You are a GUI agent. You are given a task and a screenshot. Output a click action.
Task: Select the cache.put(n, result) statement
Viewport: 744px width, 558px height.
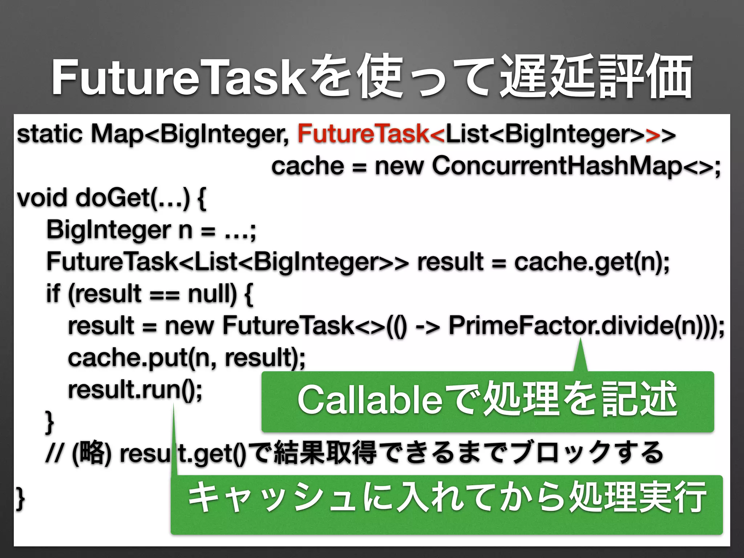coord(186,358)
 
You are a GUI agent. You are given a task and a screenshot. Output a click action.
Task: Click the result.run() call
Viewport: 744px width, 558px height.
coord(134,390)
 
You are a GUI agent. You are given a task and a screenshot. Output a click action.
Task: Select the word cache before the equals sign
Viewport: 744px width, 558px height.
coord(307,166)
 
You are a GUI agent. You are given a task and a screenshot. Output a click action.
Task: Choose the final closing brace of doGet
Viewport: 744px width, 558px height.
coord(20,500)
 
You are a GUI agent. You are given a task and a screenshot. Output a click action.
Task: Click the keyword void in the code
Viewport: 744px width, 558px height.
coord(42,198)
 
